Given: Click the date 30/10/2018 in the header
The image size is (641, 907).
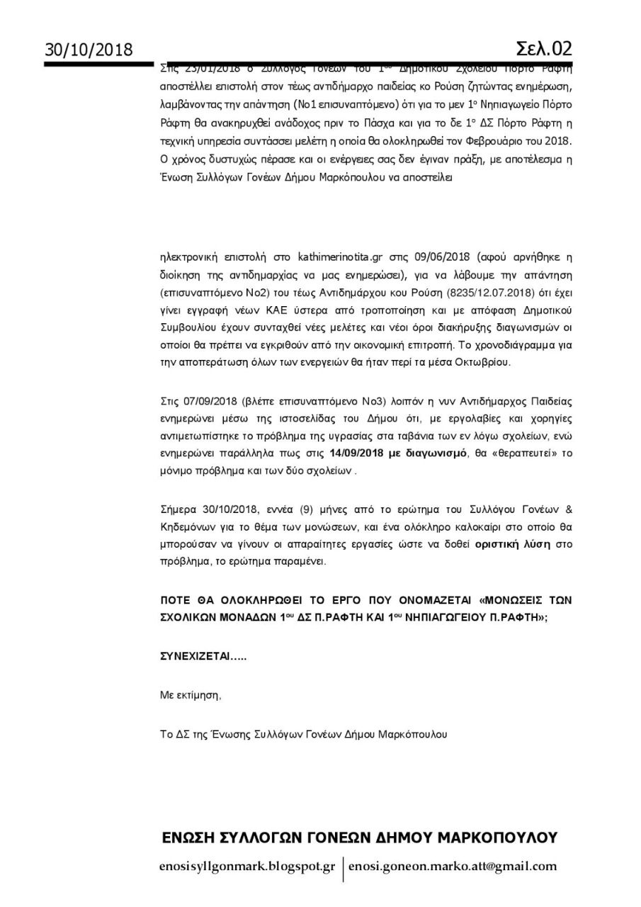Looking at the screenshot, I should (x=89, y=50).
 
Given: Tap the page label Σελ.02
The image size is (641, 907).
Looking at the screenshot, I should (x=543, y=48).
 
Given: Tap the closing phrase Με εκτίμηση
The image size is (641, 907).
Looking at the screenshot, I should (x=191, y=695).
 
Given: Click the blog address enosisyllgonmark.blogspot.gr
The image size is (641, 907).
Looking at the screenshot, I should (x=247, y=866).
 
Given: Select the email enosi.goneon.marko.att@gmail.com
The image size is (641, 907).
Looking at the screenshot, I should (x=453, y=866).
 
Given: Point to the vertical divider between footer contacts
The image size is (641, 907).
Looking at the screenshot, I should (x=342, y=868).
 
